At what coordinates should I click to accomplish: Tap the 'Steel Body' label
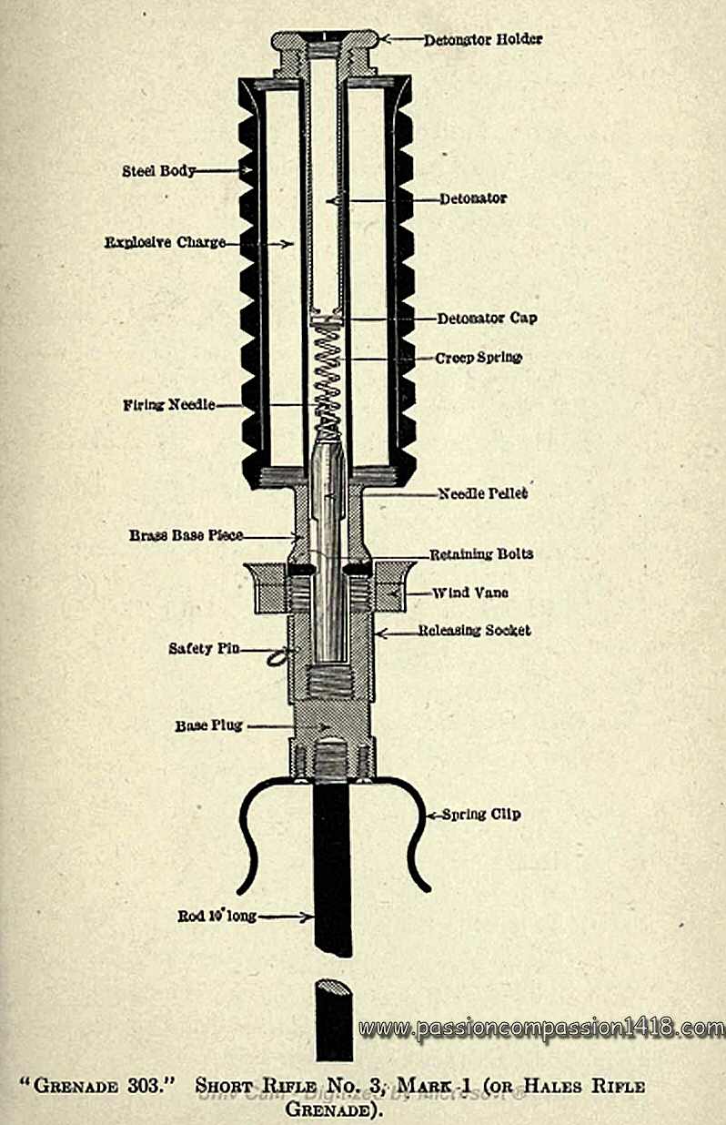point(158,171)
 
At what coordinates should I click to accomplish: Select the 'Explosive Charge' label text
point(164,243)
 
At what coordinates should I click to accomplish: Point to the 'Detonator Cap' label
point(487,319)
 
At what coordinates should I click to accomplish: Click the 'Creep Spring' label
point(479,358)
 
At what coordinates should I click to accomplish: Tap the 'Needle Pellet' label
point(483,494)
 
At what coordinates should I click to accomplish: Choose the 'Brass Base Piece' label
point(186,535)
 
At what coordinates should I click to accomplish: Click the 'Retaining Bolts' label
point(480,554)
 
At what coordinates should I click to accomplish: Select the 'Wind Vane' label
point(469,593)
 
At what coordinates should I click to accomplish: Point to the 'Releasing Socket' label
point(474,631)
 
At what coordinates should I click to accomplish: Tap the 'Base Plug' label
point(207,726)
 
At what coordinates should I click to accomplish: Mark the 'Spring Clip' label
point(480,815)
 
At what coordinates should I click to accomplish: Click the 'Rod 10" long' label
point(217,917)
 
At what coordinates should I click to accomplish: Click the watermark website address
point(541,1029)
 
